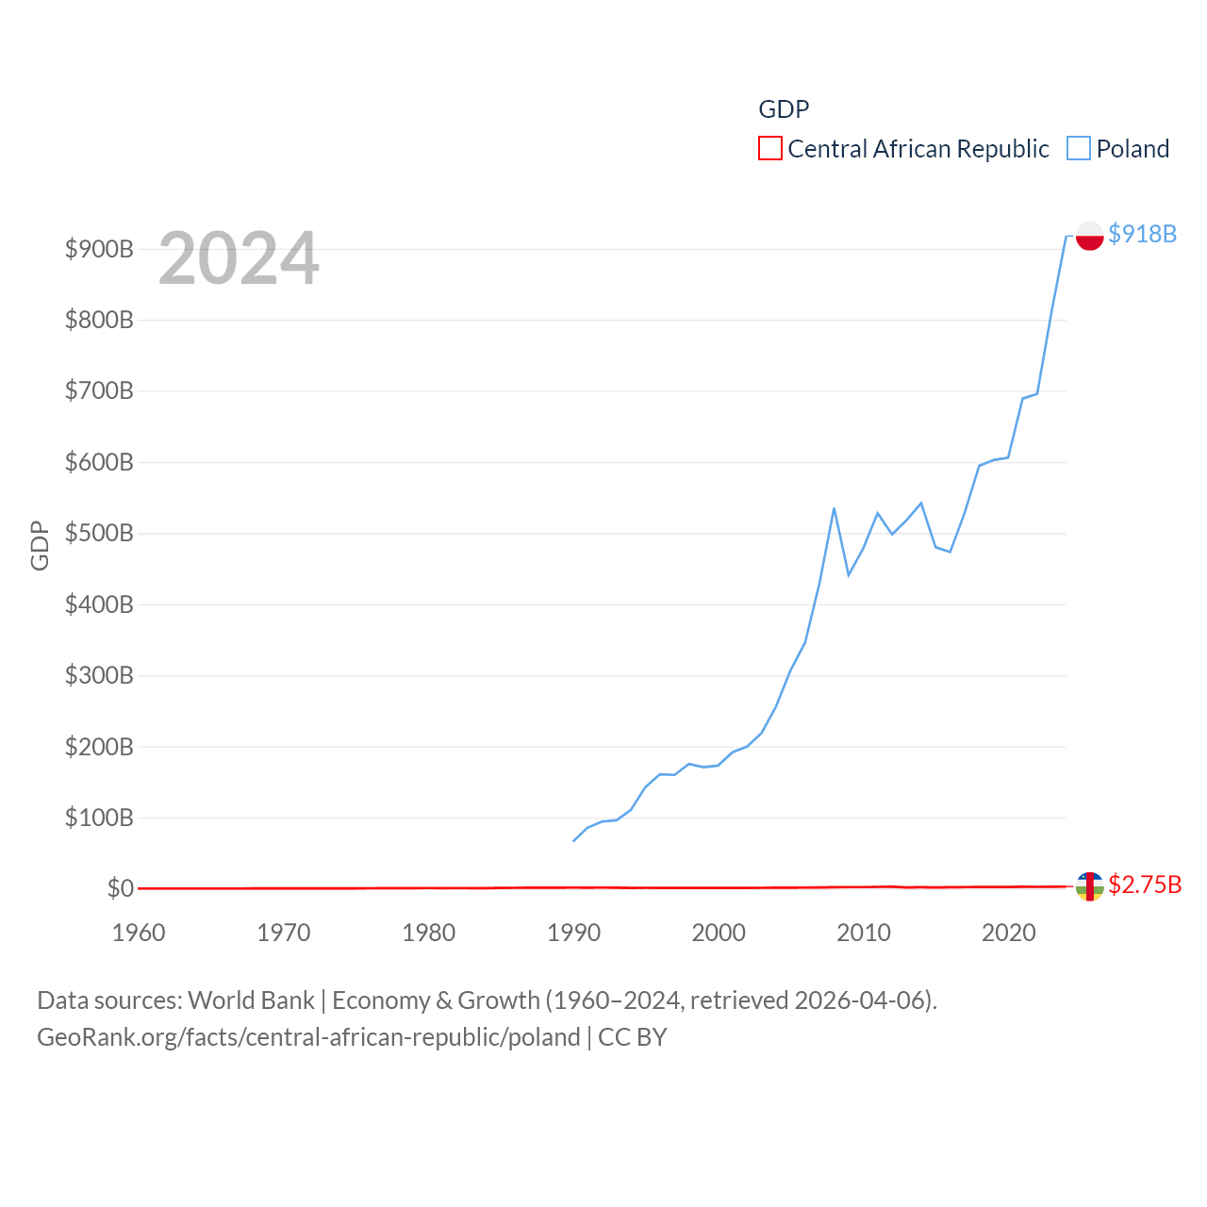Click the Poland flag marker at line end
pyautogui.click(x=1089, y=236)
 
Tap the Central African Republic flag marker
pyautogui.click(x=1089, y=886)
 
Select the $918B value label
pyautogui.click(x=1142, y=234)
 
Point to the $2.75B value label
pyautogui.click(x=1145, y=885)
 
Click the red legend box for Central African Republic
pyautogui.click(x=770, y=149)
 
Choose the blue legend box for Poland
pyautogui.click(x=1079, y=149)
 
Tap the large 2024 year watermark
pyautogui.click(x=239, y=258)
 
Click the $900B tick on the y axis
pyautogui.click(x=99, y=249)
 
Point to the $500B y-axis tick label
pyautogui.click(x=99, y=534)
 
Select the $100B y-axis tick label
pyautogui.click(x=99, y=818)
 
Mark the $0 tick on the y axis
pyautogui.click(x=121, y=888)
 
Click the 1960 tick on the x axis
pyautogui.click(x=139, y=933)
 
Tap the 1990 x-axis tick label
pyautogui.click(x=573, y=933)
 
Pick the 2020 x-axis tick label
pyautogui.click(x=1009, y=933)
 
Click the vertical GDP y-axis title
pyautogui.click(x=40, y=545)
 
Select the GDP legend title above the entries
pyautogui.click(x=784, y=109)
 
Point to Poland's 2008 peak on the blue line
pyautogui.click(x=834, y=508)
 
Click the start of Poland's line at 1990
pyautogui.click(x=573, y=840)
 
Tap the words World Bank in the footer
pyautogui.click(x=251, y=1000)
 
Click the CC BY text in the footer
pyautogui.click(x=633, y=1037)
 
